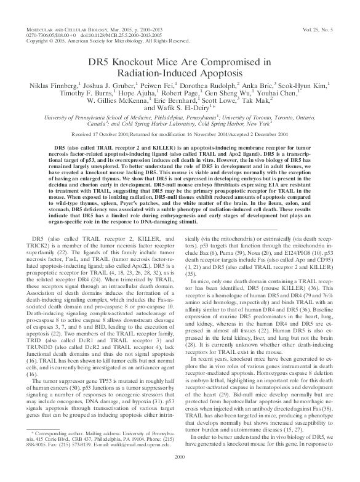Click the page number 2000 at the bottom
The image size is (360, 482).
(180, 473)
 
